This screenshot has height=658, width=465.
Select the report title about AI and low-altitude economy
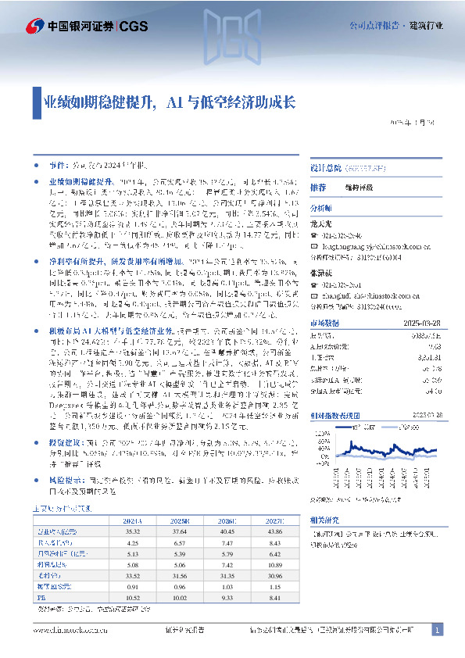click(x=169, y=103)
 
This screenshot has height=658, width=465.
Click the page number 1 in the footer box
click(x=437, y=630)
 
